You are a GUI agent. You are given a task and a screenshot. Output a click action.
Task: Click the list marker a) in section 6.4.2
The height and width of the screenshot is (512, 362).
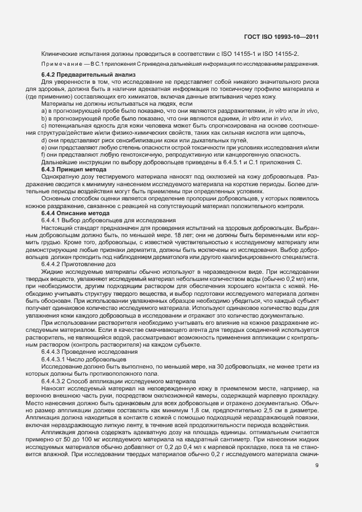(44, 111)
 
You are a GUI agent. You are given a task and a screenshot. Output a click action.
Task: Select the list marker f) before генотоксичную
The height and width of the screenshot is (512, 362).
(43, 155)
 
